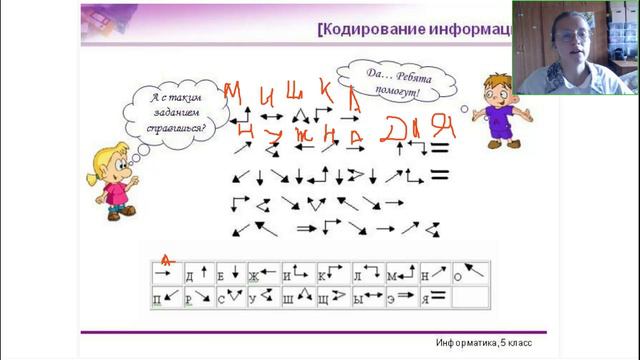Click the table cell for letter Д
pyautogui.click(x=198, y=271)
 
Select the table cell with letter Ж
pyautogui.click(x=264, y=271)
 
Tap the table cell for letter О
pyautogui.click(x=470, y=271)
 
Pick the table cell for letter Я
pyautogui.click(x=435, y=296)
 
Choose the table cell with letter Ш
pyautogui.click(x=298, y=296)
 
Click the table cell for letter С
pyautogui.click(x=231, y=296)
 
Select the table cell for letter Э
pyautogui.click(x=400, y=296)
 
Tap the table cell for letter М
pyautogui.click(x=400, y=271)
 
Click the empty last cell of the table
pyautogui.click(x=470, y=296)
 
